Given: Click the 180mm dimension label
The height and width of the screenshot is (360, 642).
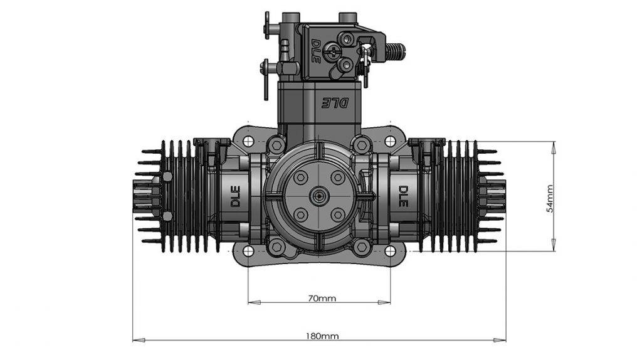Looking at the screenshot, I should (x=321, y=336).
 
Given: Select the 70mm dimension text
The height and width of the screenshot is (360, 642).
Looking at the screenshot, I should (x=321, y=299).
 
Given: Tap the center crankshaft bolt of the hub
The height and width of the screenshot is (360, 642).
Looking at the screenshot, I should (x=319, y=197).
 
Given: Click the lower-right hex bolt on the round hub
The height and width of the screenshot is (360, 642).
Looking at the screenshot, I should (x=337, y=215).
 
